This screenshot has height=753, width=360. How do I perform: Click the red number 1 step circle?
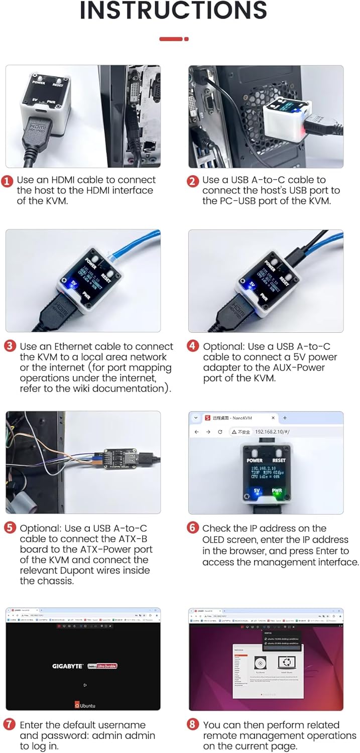(x=7, y=181)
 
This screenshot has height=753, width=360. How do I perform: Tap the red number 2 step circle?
(x=193, y=181)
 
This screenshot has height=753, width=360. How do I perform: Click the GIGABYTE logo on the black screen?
(x=68, y=666)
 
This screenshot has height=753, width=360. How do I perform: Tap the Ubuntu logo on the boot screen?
(x=85, y=705)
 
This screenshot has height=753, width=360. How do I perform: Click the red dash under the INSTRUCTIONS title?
(x=171, y=39)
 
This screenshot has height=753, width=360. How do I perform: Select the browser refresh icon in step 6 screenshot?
(x=220, y=432)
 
